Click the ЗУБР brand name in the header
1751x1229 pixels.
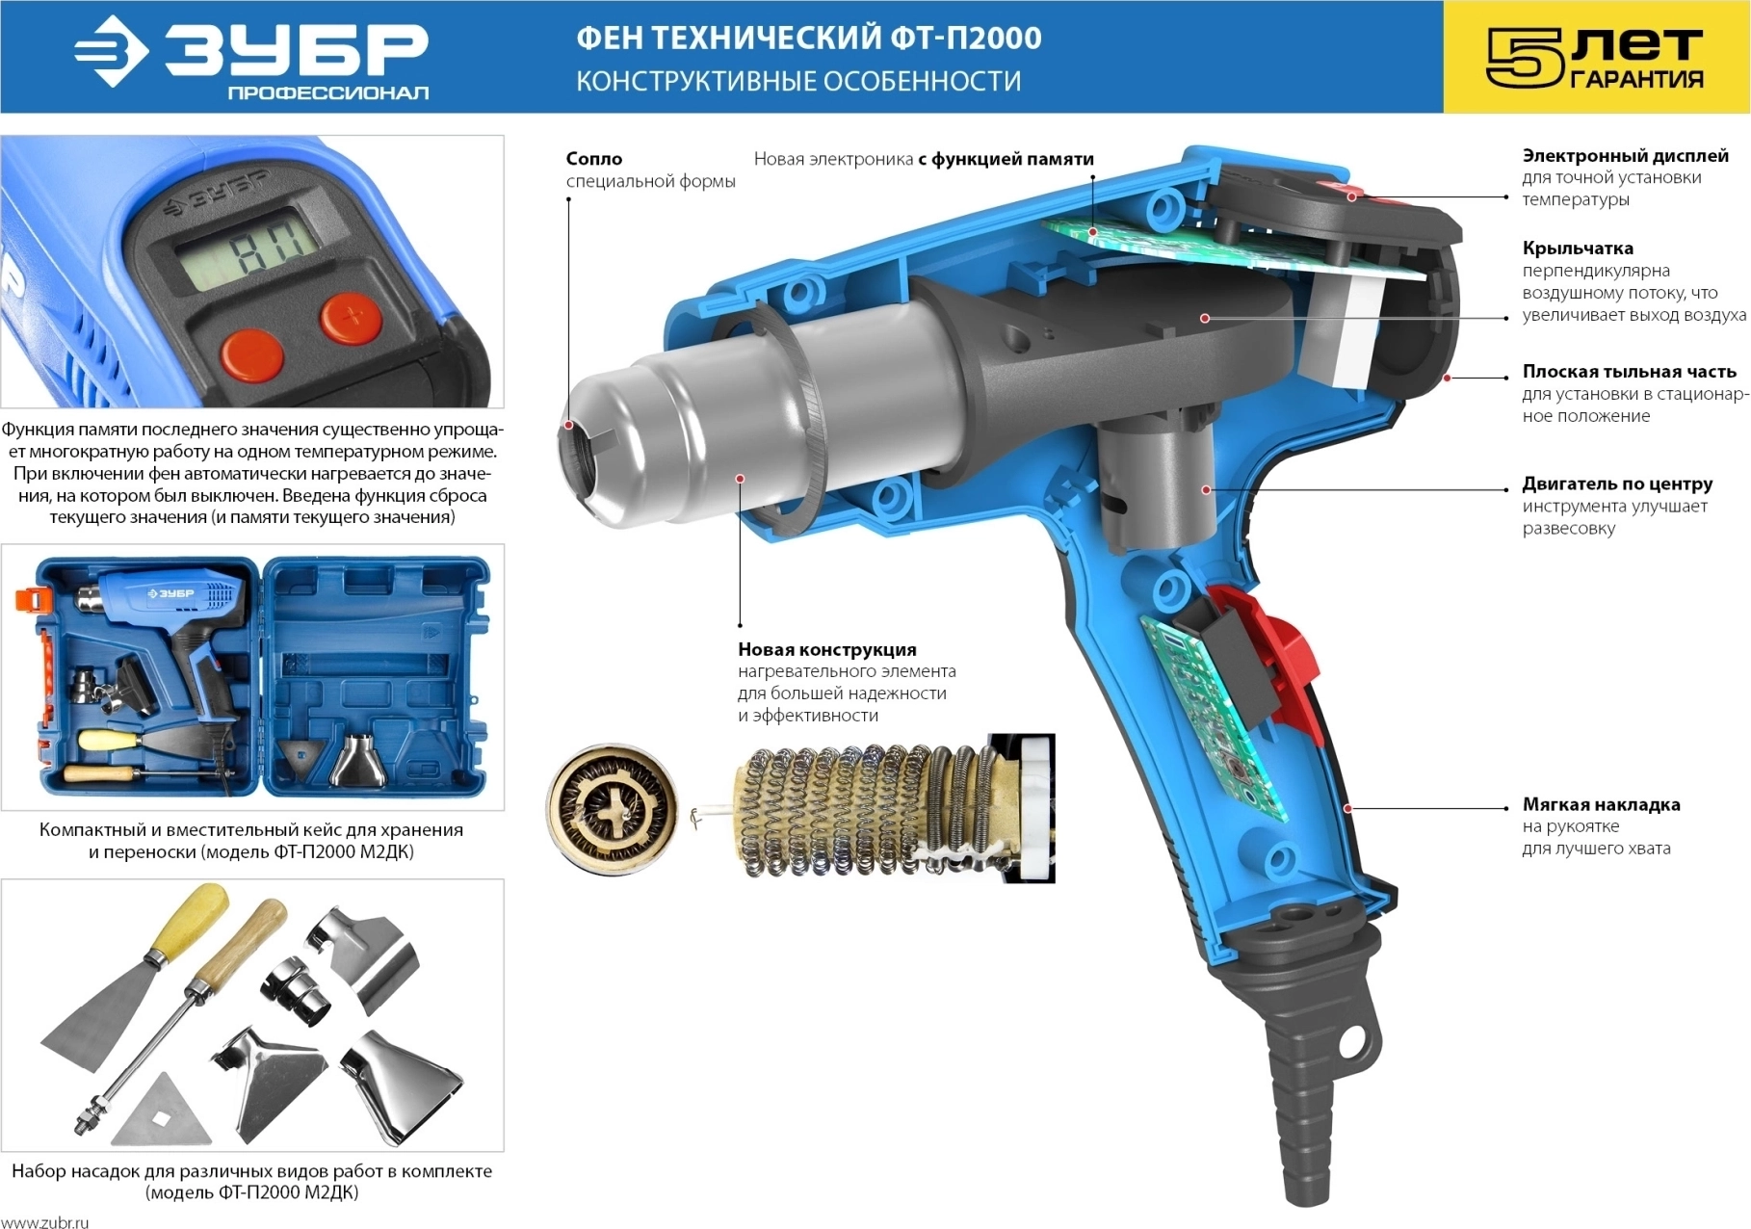(x=297, y=48)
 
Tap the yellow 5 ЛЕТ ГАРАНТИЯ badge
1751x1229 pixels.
(x=1596, y=57)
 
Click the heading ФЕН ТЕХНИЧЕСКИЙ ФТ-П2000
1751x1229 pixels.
(x=808, y=39)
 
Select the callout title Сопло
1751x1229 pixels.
(x=594, y=159)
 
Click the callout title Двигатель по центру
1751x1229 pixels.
(x=1617, y=484)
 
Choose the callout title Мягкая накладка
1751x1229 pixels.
(x=1601, y=804)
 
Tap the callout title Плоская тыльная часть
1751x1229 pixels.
(x=1630, y=372)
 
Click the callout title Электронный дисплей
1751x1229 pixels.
(x=1625, y=156)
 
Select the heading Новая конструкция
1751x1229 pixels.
(x=827, y=650)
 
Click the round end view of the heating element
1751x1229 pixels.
(x=613, y=808)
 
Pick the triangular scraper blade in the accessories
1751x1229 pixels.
(x=162, y=1108)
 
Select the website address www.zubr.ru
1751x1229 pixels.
(x=44, y=1222)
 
